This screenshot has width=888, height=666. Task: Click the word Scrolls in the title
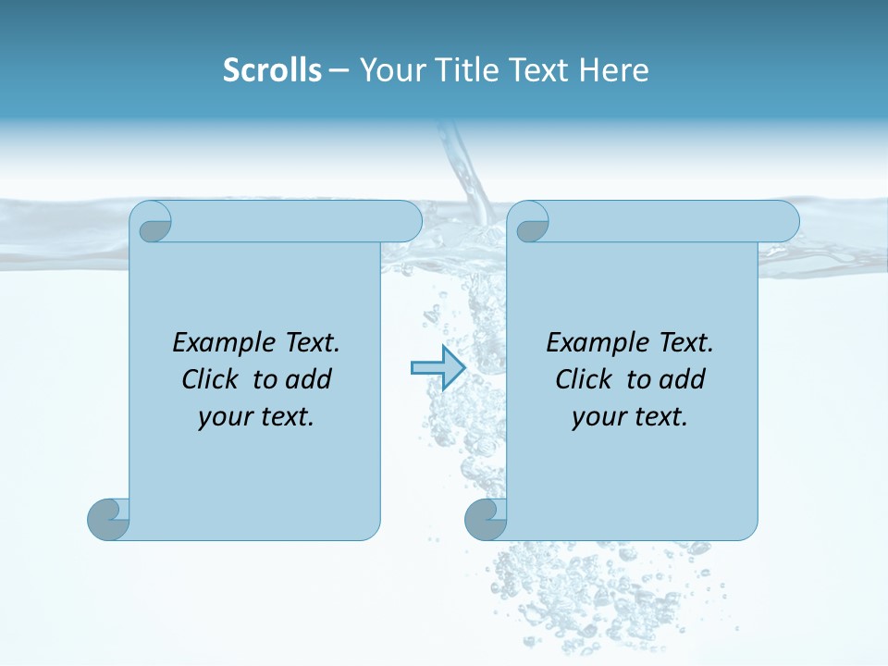272,70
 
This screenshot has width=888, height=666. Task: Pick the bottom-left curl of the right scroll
486,519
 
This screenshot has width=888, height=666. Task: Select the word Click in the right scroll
584,380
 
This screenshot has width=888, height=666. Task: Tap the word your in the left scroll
224,418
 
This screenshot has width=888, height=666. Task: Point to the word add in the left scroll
309,380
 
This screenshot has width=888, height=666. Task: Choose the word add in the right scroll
683,380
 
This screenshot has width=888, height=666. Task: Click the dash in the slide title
339,71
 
